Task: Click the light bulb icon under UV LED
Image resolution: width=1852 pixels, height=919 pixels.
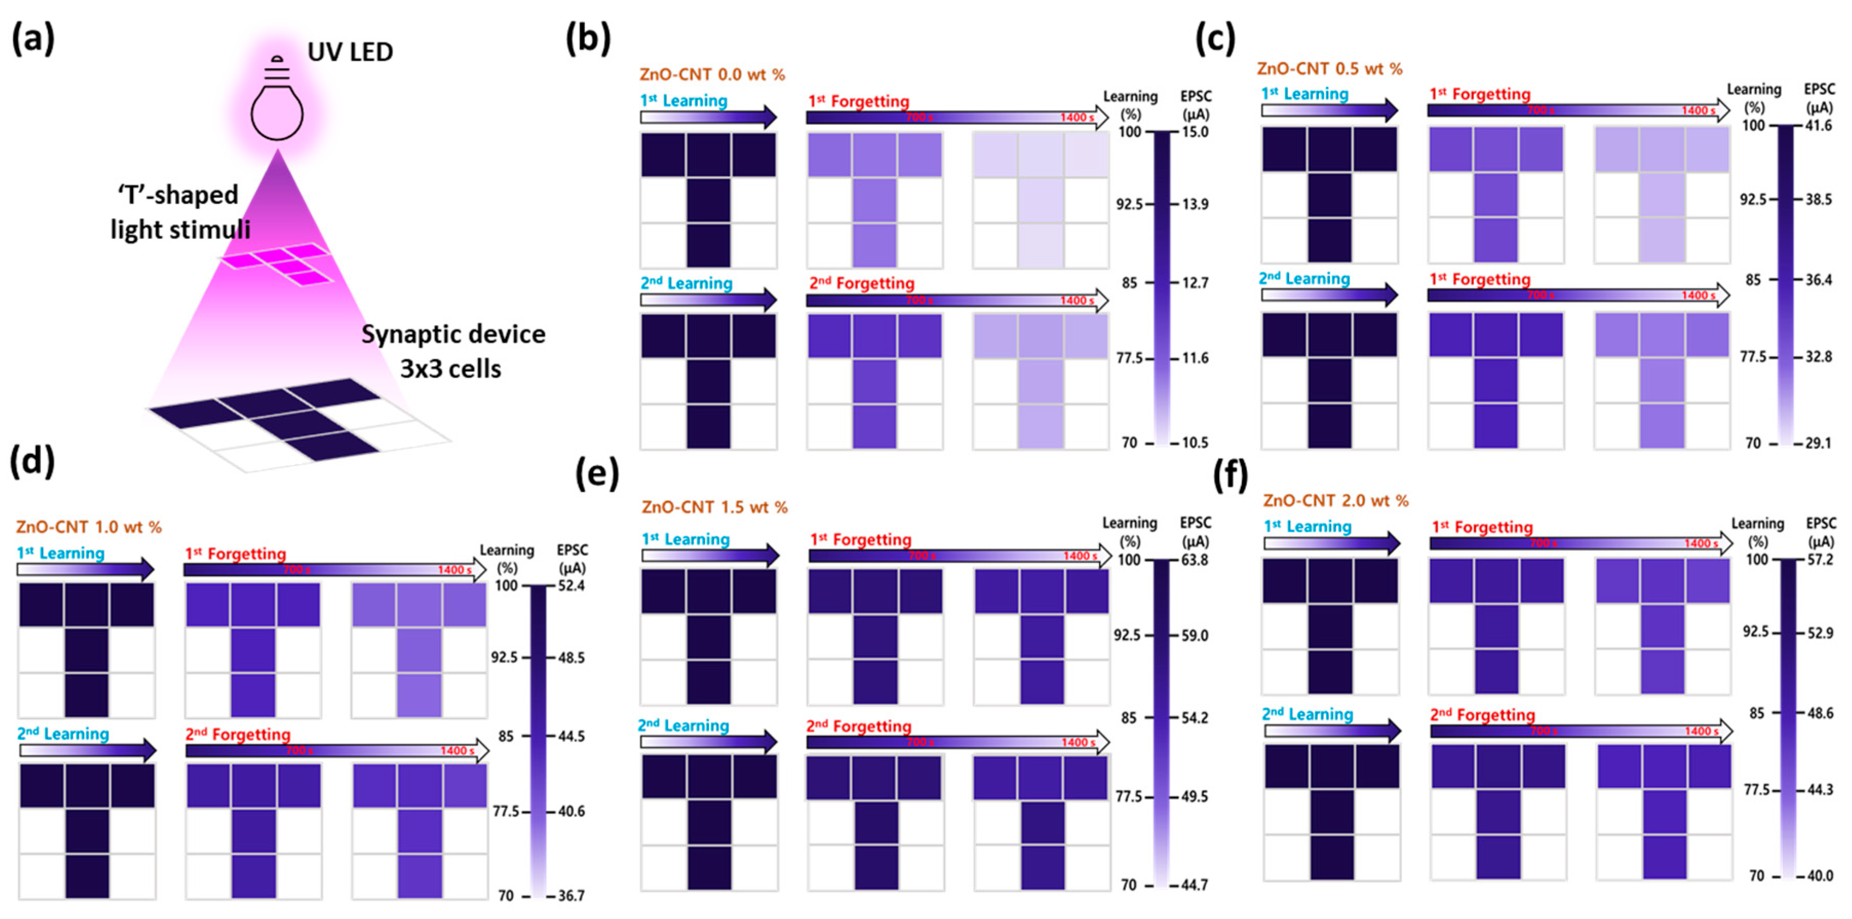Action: (x=277, y=101)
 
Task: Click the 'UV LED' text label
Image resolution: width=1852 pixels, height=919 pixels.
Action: (x=350, y=52)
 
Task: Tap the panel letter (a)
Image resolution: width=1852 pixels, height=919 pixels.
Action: (x=33, y=38)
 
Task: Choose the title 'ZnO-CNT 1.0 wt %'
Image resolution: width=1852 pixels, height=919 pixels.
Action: (x=88, y=527)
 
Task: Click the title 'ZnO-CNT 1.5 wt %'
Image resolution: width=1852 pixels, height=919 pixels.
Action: (x=715, y=507)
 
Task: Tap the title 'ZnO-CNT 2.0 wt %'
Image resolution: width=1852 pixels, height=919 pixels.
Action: (x=1336, y=501)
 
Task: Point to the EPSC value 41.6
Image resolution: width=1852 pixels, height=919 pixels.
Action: (x=1819, y=126)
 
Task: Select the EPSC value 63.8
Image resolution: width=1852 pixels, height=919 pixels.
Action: (x=1195, y=560)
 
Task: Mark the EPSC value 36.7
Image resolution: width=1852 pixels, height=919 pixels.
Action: (x=572, y=896)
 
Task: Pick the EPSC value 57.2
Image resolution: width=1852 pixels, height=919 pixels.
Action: (x=1820, y=560)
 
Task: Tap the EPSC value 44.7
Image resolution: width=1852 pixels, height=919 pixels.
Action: (x=1195, y=885)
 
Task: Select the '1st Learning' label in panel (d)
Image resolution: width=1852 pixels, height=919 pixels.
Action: (x=61, y=553)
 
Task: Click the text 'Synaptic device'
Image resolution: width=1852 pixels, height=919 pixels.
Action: (x=453, y=334)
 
